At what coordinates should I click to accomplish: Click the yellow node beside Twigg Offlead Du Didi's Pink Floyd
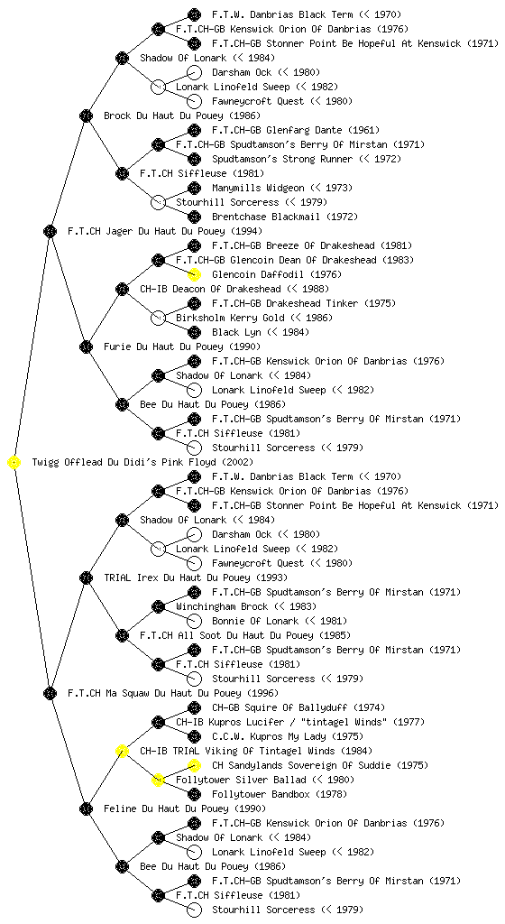[14, 462]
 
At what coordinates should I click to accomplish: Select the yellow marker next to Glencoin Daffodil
[194, 274]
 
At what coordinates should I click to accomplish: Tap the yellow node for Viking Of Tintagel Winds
[122, 751]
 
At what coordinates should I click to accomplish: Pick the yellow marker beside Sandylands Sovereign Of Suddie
[194, 765]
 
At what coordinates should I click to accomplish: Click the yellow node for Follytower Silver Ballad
[158, 780]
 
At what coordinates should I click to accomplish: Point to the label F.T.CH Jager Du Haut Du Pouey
[150, 231]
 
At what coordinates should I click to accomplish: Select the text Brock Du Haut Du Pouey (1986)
[182, 115]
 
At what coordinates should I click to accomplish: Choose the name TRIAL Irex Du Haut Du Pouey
[177, 577]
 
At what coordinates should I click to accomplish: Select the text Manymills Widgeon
[258, 188]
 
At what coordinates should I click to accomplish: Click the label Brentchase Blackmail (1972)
[285, 217]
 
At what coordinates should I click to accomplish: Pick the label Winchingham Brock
[222, 606]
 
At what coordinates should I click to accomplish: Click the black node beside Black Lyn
[194, 332]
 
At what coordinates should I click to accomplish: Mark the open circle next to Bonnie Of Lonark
[194, 621]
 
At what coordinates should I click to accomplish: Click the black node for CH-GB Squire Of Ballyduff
[194, 707]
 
